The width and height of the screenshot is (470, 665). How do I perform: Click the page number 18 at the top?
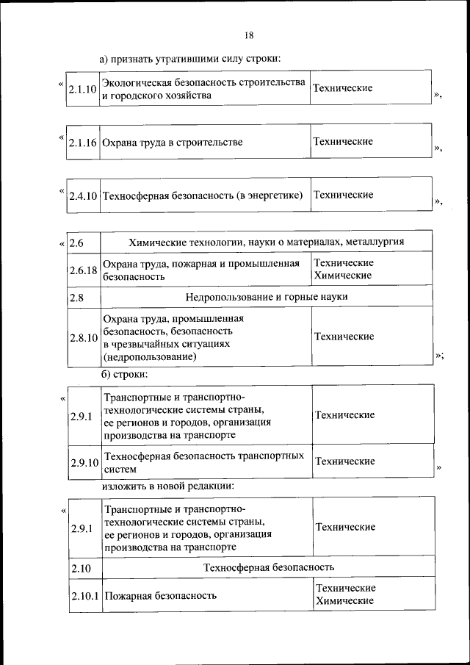click(x=248, y=35)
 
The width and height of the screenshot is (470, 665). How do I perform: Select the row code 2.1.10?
click(x=82, y=90)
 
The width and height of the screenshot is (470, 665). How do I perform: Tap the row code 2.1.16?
click(x=82, y=143)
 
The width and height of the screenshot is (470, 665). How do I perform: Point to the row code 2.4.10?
click(x=83, y=196)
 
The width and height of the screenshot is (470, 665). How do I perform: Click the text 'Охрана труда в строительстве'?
click(x=173, y=143)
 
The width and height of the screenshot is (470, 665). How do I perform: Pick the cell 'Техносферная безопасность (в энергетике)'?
click(x=203, y=196)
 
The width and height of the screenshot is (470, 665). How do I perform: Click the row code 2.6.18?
click(x=83, y=270)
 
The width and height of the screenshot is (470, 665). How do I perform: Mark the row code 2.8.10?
click(x=83, y=338)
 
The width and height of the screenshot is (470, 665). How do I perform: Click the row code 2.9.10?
click(x=84, y=462)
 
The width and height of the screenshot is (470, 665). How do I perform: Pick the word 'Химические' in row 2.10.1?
click(x=345, y=601)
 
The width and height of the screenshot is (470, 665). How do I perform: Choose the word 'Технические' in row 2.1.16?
click(x=342, y=141)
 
